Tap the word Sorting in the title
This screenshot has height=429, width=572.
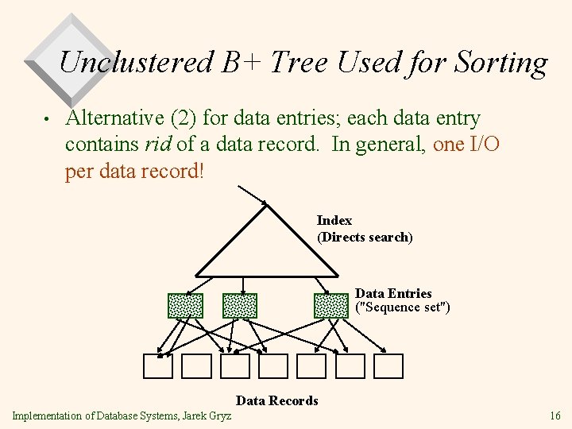(504, 62)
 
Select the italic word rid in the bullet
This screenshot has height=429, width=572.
(157, 145)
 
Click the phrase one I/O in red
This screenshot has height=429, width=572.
(466, 145)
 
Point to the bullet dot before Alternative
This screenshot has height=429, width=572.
(48, 120)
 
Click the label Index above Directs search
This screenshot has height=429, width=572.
(334, 220)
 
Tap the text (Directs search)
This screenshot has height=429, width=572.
(365, 237)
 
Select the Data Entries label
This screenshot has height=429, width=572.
(393, 293)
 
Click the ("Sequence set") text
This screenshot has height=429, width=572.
(402, 307)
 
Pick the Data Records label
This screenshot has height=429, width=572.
(276, 400)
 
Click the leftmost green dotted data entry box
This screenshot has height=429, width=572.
(185, 306)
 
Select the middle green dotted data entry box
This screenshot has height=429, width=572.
(240, 306)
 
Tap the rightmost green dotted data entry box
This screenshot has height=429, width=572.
(331, 306)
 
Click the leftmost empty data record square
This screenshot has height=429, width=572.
(157, 365)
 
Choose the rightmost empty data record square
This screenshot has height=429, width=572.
(388, 365)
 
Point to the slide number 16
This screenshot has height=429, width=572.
(555, 415)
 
